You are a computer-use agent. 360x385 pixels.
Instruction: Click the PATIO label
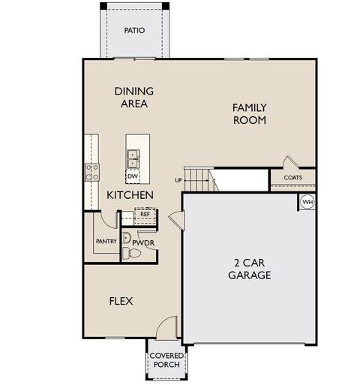134,31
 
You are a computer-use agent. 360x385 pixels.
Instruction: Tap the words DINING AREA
134,98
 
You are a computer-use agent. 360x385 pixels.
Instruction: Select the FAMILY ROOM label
250,114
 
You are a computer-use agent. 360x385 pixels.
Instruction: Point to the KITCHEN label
130,195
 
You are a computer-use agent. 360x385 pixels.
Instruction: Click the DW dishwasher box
133,176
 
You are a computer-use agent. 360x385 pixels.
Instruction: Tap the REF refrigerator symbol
145,215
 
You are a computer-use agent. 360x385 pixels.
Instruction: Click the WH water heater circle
307,202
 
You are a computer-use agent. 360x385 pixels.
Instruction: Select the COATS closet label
293,178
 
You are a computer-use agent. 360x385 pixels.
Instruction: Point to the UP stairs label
178,180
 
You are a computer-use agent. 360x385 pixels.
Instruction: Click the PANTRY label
106,242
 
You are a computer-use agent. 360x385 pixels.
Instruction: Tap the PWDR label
143,242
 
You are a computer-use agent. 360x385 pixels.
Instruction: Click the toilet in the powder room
131,253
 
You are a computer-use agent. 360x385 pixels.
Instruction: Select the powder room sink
126,238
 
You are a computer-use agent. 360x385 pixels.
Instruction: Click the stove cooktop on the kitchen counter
91,173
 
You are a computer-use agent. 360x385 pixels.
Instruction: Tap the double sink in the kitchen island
133,159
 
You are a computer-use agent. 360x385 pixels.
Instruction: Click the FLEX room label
121,301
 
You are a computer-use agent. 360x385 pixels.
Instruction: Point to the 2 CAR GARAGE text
250,269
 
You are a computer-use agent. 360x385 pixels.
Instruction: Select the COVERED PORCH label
166,360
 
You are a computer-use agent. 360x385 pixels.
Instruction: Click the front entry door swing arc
163,321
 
